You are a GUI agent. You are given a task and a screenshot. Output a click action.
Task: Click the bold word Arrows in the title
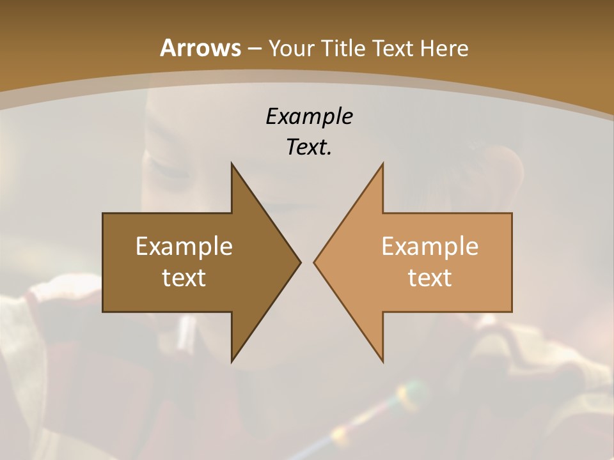pyautogui.click(x=200, y=48)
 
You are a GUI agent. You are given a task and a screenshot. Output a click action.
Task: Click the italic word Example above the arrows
pyautogui.click(x=309, y=117)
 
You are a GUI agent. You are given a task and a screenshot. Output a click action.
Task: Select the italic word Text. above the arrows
pyautogui.click(x=309, y=148)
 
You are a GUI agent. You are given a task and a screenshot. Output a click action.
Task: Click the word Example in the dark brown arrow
pyautogui.click(x=184, y=247)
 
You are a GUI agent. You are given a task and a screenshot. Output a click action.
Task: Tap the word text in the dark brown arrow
pyautogui.click(x=184, y=277)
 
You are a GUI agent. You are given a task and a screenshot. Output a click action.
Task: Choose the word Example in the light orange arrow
pyautogui.click(x=430, y=247)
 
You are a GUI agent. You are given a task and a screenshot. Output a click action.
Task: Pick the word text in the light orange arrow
pyautogui.click(x=430, y=277)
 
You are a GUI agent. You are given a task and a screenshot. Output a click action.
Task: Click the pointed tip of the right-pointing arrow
pyautogui.click(x=300, y=262)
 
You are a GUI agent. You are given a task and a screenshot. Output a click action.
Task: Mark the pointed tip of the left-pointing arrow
pyautogui.click(x=314, y=262)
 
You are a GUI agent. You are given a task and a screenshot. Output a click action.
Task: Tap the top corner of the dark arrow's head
pyautogui.click(x=232, y=164)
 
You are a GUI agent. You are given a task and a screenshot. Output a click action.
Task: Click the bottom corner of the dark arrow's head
pyautogui.click(x=232, y=361)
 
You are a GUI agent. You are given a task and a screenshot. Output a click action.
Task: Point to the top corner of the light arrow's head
pyautogui.click(x=382, y=164)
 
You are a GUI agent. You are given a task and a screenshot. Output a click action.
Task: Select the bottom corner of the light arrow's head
pyautogui.click(x=382, y=361)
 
